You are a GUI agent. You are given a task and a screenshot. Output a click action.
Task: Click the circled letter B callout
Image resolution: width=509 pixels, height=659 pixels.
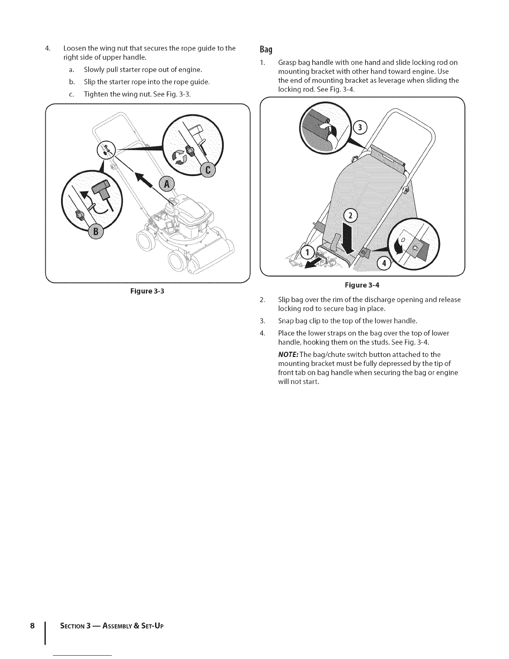tap(96, 232)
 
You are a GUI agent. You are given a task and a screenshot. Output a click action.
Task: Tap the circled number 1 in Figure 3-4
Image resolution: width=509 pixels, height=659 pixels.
tap(308, 252)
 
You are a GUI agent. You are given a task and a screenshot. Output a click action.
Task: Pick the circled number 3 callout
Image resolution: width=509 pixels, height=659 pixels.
tap(360, 127)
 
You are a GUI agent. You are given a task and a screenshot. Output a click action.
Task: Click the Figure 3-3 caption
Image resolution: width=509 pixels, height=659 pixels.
tap(148, 291)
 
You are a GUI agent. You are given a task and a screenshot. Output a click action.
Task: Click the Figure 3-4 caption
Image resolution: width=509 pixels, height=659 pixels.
tap(361, 286)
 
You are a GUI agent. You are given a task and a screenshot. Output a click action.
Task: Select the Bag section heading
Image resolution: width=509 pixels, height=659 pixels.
tap(266, 50)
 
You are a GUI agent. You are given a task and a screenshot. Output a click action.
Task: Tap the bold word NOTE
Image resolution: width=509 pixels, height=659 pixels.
tap(287, 354)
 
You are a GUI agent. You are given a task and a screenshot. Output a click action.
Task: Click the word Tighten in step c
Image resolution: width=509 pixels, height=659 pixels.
tap(96, 94)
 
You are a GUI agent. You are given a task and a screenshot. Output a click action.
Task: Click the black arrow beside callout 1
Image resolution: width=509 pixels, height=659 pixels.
tap(314, 263)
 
